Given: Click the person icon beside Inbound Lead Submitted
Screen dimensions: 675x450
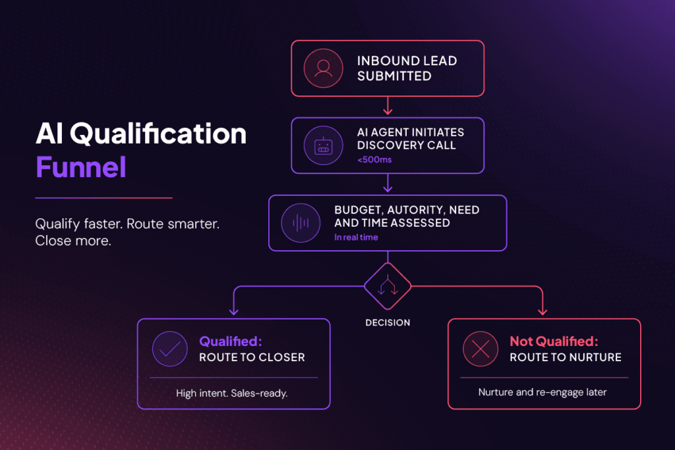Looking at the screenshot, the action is click(x=323, y=69).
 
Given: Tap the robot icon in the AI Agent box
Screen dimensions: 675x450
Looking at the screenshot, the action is click(x=323, y=146).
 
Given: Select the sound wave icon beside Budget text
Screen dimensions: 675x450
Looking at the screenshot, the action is click(x=301, y=223).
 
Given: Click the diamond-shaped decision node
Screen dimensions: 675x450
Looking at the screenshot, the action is click(x=388, y=286).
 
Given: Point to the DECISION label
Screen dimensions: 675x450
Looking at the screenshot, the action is click(x=388, y=323).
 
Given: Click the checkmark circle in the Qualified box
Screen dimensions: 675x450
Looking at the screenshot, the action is click(x=170, y=349).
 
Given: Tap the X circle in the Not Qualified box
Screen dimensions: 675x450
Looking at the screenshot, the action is click(x=481, y=349).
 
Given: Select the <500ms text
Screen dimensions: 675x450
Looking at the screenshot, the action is click(x=374, y=159).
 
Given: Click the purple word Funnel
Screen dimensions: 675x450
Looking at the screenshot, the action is click(x=81, y=167).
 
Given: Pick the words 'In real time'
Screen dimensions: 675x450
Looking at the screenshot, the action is click(x=356, y=237).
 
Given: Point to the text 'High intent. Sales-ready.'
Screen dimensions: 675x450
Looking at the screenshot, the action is click(x=231, y=393).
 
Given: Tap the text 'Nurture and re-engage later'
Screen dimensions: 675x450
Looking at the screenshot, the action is click(x=543, y=393).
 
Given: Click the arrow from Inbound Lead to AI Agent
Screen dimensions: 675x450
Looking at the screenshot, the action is click(x=388, y=106).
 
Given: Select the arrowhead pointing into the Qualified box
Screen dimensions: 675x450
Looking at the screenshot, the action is click(x=234, y=310).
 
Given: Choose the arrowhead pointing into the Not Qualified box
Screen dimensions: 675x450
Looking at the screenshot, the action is click(x=543, y=310).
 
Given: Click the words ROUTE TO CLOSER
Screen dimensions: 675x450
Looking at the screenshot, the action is click(x=252, y=358).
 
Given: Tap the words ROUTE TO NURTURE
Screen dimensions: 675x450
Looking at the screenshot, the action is click(x=566, y=358).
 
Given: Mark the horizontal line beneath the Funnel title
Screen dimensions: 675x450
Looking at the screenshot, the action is click(x=103, y=198).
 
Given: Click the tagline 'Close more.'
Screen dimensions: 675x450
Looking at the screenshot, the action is click(x=73, y=241).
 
